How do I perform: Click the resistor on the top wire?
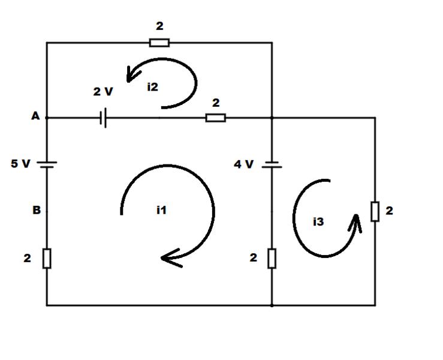point(159,43)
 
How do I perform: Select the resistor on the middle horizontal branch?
point(216,118)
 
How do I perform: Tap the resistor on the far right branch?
point(375,211)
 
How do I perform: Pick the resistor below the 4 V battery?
point(272,258)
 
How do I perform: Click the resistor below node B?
point(47,258)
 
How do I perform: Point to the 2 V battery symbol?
point(103,118)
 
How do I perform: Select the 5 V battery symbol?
point(47,164)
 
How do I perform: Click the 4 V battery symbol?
point(272,164)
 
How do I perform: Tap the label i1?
point(161,210)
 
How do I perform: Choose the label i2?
point(153,87)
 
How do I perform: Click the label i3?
point(318,221)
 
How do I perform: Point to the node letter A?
point(35,116)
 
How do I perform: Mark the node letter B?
point(37,210)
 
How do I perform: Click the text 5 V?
point(20,163)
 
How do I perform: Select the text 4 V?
point(243,164)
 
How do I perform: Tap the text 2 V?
point(103,92)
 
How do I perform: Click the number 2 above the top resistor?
point(159,26)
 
